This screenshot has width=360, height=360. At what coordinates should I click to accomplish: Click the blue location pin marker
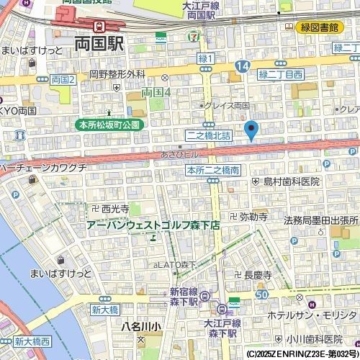[x=251, y=131]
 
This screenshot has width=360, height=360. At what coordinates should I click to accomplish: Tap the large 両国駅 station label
[x=99, y=43]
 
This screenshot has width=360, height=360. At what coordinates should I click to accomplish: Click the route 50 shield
[x=261, y=294]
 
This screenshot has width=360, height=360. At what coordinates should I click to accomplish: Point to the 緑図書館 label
[x=320, y=27]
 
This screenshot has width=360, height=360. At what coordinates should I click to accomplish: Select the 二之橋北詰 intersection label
[x=208, y=135]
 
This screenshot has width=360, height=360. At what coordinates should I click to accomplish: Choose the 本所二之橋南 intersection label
[x=212, y=171]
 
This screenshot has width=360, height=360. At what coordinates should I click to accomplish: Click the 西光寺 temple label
[x=110, y=208]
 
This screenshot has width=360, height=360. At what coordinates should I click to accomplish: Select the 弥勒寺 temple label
[x=248, y=216]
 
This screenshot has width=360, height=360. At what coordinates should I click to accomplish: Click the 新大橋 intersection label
[x=104, y=310]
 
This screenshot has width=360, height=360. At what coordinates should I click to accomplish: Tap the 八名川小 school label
[x=142, y=326]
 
